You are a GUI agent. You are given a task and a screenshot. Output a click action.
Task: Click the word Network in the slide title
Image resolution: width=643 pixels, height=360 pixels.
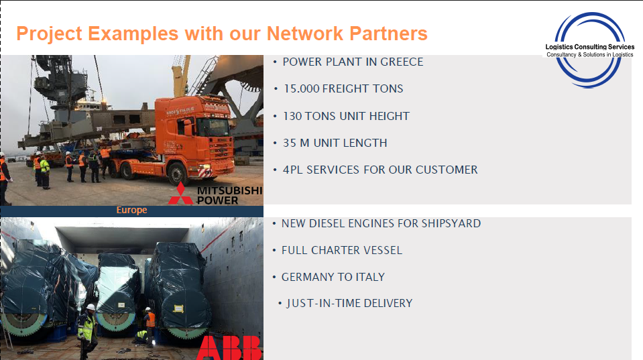pyautogui.click(x=304, y=34)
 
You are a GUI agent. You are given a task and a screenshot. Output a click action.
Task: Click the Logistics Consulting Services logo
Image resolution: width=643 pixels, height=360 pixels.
pyautogui.click(x=589, y=50)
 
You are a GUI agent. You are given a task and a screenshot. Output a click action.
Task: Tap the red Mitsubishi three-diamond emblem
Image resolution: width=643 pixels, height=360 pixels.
pyautogui.click(x=180, y=194)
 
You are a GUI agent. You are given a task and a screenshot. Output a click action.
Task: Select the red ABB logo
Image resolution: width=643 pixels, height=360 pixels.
pyautogui.click(x=229, y=348)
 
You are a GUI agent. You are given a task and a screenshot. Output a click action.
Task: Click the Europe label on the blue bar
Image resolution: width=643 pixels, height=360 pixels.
pyautogui.click(x=131, y=211)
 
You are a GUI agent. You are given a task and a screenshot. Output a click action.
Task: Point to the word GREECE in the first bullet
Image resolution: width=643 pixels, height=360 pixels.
pyautogui.click(x=402, y=62)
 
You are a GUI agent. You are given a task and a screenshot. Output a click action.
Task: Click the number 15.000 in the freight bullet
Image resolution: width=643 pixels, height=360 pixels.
pyautogui.click(x=302, y=88)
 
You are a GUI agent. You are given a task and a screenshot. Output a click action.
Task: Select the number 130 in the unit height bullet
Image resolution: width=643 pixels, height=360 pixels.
pyautogui.click(x=292, y=116)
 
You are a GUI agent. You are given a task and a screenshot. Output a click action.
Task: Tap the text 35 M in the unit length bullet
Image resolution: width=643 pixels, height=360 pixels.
pyautogui.click(x=296, y=143)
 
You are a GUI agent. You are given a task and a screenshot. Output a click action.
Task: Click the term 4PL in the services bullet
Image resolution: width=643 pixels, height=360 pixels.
pyautogui.click(x=293, y=170)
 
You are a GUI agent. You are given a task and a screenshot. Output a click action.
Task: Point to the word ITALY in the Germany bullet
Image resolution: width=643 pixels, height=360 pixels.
pyautogui.click(x=370, y=277)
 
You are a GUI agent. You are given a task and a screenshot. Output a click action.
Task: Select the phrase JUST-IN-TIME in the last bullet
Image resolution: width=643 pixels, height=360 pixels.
pyautogui.click(x=324, y=304)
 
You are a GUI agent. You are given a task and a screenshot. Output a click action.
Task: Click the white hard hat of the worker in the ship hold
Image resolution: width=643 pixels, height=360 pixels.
pyautogui.click(x=91, y=306)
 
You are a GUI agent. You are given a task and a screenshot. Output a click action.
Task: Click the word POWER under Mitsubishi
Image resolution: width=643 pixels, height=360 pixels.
pyautogui.click(x=217, y=200)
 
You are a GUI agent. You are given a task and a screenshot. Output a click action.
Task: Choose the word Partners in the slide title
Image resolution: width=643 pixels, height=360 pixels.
pyautogui.click(x=388, y=34)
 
